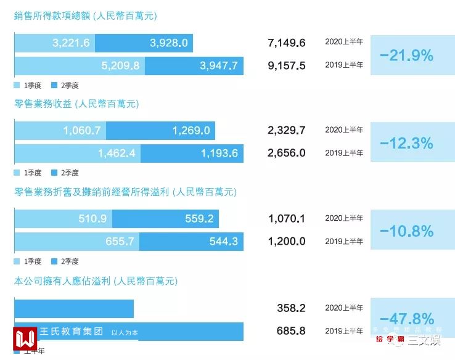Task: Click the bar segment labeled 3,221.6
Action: (x=55, y=43)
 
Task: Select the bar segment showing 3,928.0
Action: (x=145, y=43)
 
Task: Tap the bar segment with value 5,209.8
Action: (x=79, y=66)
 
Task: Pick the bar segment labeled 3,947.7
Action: (x=194, y=66)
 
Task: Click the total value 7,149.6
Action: (x=287, y=43)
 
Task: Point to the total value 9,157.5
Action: (x=287, y=65)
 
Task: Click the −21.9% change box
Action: (x=407, y=55)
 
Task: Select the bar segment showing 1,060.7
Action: (x=60, y=131)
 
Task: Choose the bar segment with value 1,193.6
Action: (x=193, y=153)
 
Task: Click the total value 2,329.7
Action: (x=287, y=130)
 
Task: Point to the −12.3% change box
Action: (x=407, y=143)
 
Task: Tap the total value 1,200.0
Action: (x=287, y=241)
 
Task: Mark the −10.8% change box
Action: (x=407, y=231)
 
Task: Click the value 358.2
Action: (x=291, y=308)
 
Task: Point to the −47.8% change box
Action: (x=407, y=319)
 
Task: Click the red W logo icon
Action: (x=25, y=338)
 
